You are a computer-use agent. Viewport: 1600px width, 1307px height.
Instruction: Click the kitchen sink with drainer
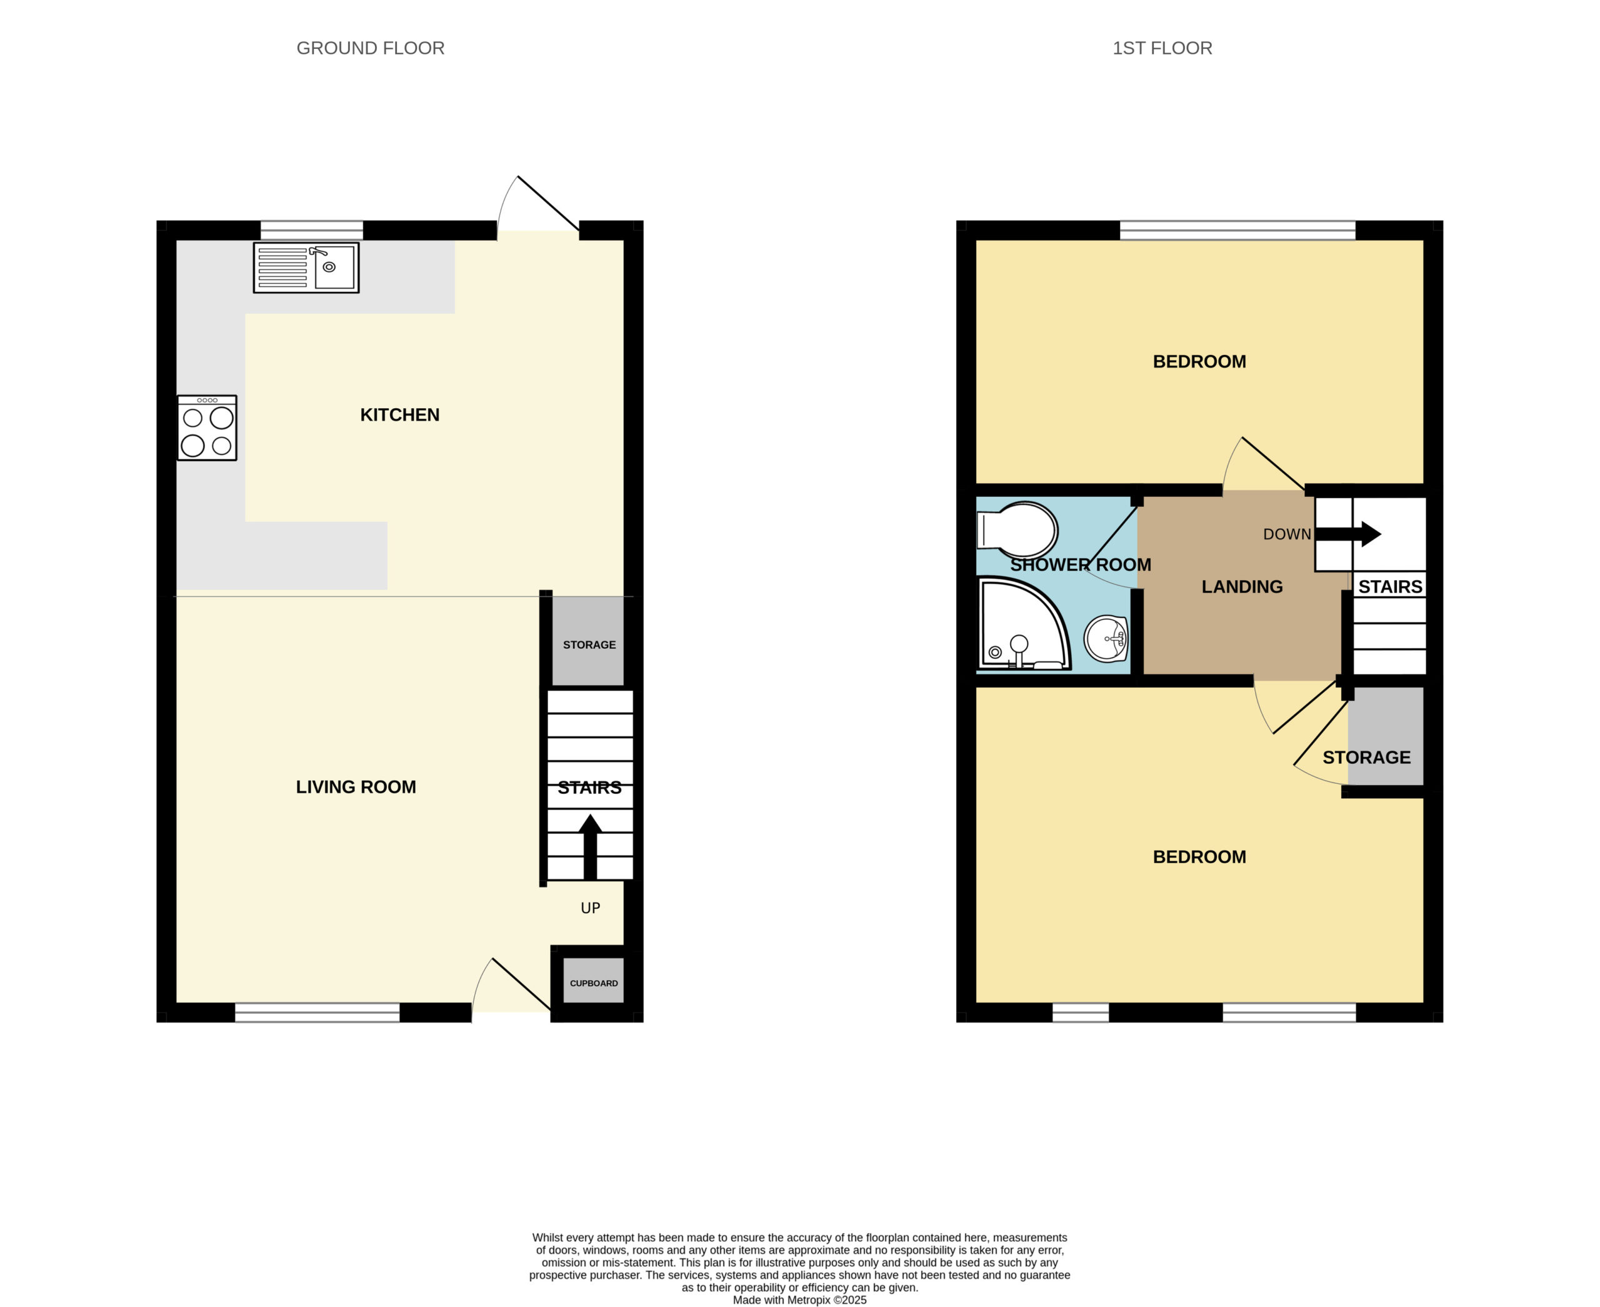point(306,268)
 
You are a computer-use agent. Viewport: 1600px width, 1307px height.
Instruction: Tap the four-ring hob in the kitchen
point(207,428)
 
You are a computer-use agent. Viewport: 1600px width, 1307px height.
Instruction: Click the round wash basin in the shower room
point(1106,638)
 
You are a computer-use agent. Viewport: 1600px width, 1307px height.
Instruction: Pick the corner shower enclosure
point(1024,623)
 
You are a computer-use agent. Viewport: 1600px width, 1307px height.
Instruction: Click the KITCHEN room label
point(400,415)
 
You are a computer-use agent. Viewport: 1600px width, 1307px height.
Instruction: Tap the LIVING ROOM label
point(356,787)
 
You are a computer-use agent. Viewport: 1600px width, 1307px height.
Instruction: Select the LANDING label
point(1242,586)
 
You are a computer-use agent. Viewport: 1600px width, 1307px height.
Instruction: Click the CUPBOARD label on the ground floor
point(594,983)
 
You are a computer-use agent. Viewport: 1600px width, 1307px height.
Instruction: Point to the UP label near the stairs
point(590,908)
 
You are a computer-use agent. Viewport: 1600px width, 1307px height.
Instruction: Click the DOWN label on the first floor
point(1287,534)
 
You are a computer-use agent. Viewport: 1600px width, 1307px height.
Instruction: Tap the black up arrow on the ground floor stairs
point(590,846)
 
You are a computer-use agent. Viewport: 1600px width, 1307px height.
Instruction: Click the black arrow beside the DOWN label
point(1347,534)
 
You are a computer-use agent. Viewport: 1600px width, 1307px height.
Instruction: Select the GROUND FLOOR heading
point(371,48)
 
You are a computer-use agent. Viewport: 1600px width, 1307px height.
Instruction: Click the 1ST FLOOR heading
point(1162,48)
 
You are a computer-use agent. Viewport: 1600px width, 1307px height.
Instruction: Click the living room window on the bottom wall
point(317,1013)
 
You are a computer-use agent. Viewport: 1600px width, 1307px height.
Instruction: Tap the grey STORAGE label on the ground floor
point(589,645)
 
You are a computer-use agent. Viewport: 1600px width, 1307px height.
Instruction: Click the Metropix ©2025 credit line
point(799,1300)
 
